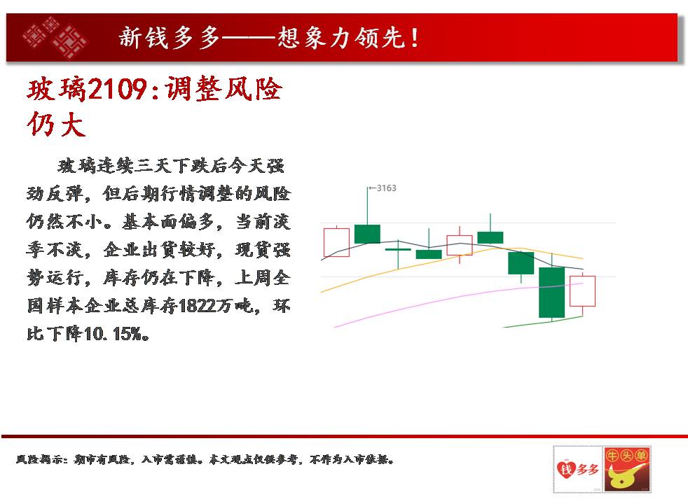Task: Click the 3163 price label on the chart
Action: [x=386, y=188]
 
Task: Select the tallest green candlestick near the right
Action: [x=551, y=293]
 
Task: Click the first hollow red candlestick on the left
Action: [x=336, y=242]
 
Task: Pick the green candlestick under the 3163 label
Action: [x=367, y=234]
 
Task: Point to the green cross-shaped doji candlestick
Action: [x=398, y=249]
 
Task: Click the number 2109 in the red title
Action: [x=118, y=89]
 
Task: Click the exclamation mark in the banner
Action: [x=415, y=38]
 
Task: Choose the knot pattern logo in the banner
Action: [x=55, y=38]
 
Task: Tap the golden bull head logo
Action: [x=626, y=470]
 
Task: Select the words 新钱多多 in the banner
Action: [x=170, y=38]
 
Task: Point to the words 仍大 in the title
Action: [x=56, y=124]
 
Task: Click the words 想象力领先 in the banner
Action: [x=340, y=38]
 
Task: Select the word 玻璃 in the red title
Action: [x=57, y=89]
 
